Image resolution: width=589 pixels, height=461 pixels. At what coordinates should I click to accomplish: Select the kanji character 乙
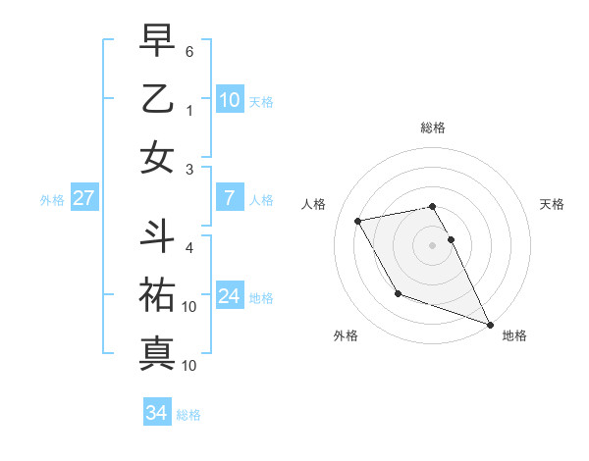[157, 99]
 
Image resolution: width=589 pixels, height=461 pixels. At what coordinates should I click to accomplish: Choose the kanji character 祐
[157, 295]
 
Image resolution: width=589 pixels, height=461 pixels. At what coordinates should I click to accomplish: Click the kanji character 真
[157, 352]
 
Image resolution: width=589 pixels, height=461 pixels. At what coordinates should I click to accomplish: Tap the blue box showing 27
[83, 198]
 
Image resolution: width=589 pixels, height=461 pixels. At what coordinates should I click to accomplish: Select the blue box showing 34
[156, 413]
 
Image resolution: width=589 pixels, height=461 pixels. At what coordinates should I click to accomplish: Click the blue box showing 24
[229, 296]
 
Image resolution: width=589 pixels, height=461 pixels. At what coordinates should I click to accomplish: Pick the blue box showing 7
[229, 198]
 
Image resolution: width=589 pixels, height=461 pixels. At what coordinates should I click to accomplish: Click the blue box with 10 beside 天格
[229, 100]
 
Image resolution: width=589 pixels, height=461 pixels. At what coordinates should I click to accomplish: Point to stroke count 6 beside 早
[189, 50]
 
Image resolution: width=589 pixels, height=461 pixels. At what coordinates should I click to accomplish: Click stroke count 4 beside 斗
[189, 246]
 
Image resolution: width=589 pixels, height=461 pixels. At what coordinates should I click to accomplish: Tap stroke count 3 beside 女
[189, 170]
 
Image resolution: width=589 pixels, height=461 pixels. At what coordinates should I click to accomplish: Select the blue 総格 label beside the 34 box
[188, 415]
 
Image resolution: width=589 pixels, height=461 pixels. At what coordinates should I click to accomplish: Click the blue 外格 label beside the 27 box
[52, 200]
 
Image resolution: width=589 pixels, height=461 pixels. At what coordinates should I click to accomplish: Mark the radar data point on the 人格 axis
[358, 221]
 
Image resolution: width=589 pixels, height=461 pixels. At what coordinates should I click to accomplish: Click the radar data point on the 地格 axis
[490, 324]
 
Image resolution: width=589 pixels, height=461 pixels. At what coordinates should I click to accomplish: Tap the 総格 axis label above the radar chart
[433, 128]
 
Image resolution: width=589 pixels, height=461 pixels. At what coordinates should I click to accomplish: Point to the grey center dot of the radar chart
[433, 244]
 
